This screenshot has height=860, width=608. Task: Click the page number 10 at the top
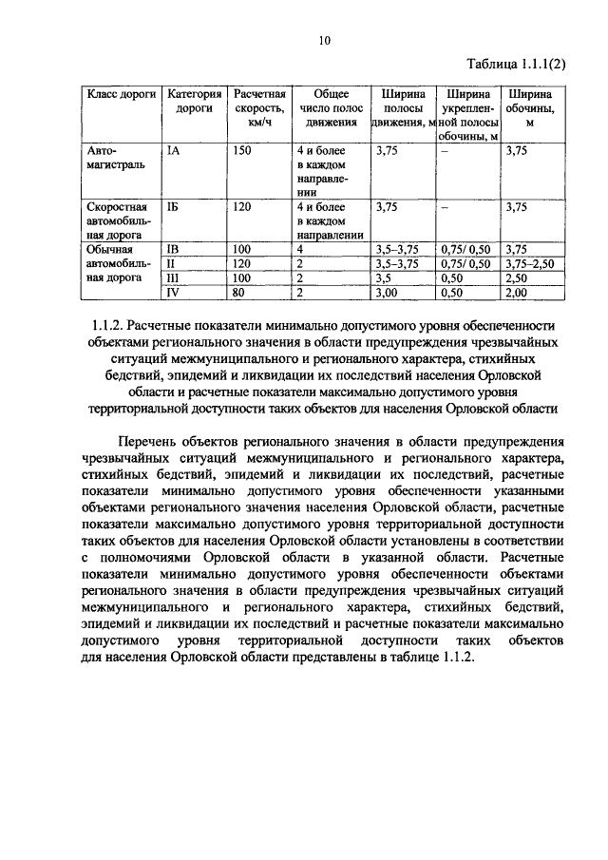pyautogui.click(x=324, y=40)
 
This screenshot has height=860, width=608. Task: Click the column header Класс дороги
pyautogui.click(x=122, y=95)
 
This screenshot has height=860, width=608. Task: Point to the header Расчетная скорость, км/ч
pyautogui.click(x=259, y=108)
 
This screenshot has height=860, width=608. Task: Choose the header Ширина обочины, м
pyautogui.click(x=530, y=108)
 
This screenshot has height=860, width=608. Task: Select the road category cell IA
pyautogui.click(x=173, y=150)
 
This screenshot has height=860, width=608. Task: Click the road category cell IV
pyautogui.click(x=173, y=293)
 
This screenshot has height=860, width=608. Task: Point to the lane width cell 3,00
pyautogui.click(x=386, y=293)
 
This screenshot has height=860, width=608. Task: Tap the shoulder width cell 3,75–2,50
pyautogui.click(x=529, y=263)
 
